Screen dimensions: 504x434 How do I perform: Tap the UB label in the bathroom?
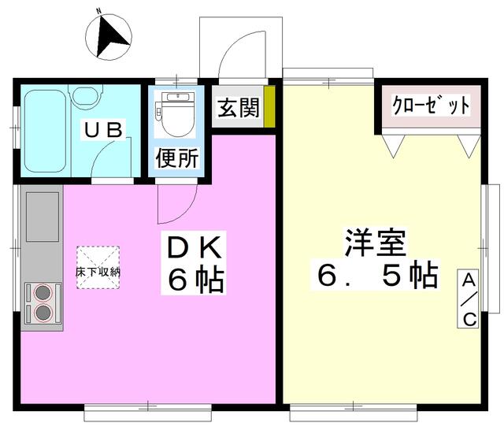[x=103, y=130]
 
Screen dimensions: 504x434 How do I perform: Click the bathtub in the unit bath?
[x=46, y=132]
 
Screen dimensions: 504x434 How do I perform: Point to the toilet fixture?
[x=177, y=114]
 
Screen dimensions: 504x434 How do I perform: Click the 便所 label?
[x=177, y=158]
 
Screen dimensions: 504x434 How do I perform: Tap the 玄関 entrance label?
[x=238, y=107]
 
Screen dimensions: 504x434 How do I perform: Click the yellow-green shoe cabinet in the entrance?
[x=269, y=106]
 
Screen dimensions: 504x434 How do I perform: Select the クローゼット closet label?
[x=431, y=105]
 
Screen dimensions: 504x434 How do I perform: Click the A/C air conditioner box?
[x=469, y=299]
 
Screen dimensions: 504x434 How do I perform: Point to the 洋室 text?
[x=375, y=242]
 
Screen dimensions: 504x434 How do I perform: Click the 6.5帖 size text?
[x=377, y=275]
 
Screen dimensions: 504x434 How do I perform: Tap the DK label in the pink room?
[x=195, y=247]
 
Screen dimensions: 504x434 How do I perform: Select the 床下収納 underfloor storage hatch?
[x=98, y=268]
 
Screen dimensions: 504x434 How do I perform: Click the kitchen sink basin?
[x=43, y=217]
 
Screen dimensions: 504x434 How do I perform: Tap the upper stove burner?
[x=43, y=292]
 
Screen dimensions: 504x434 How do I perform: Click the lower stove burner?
[x=43, y=312]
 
